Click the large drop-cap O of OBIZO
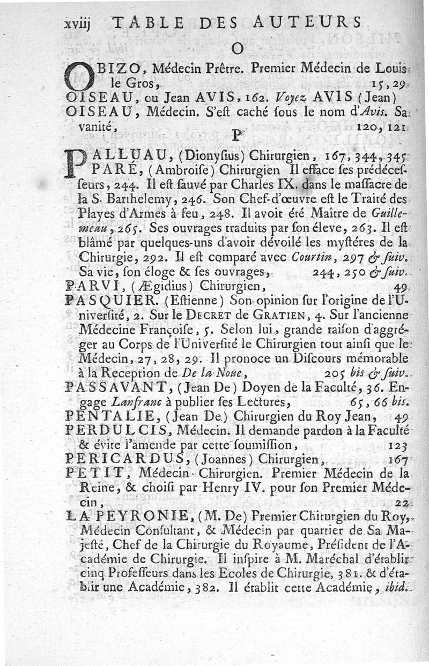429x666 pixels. click(x=79, y=75)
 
